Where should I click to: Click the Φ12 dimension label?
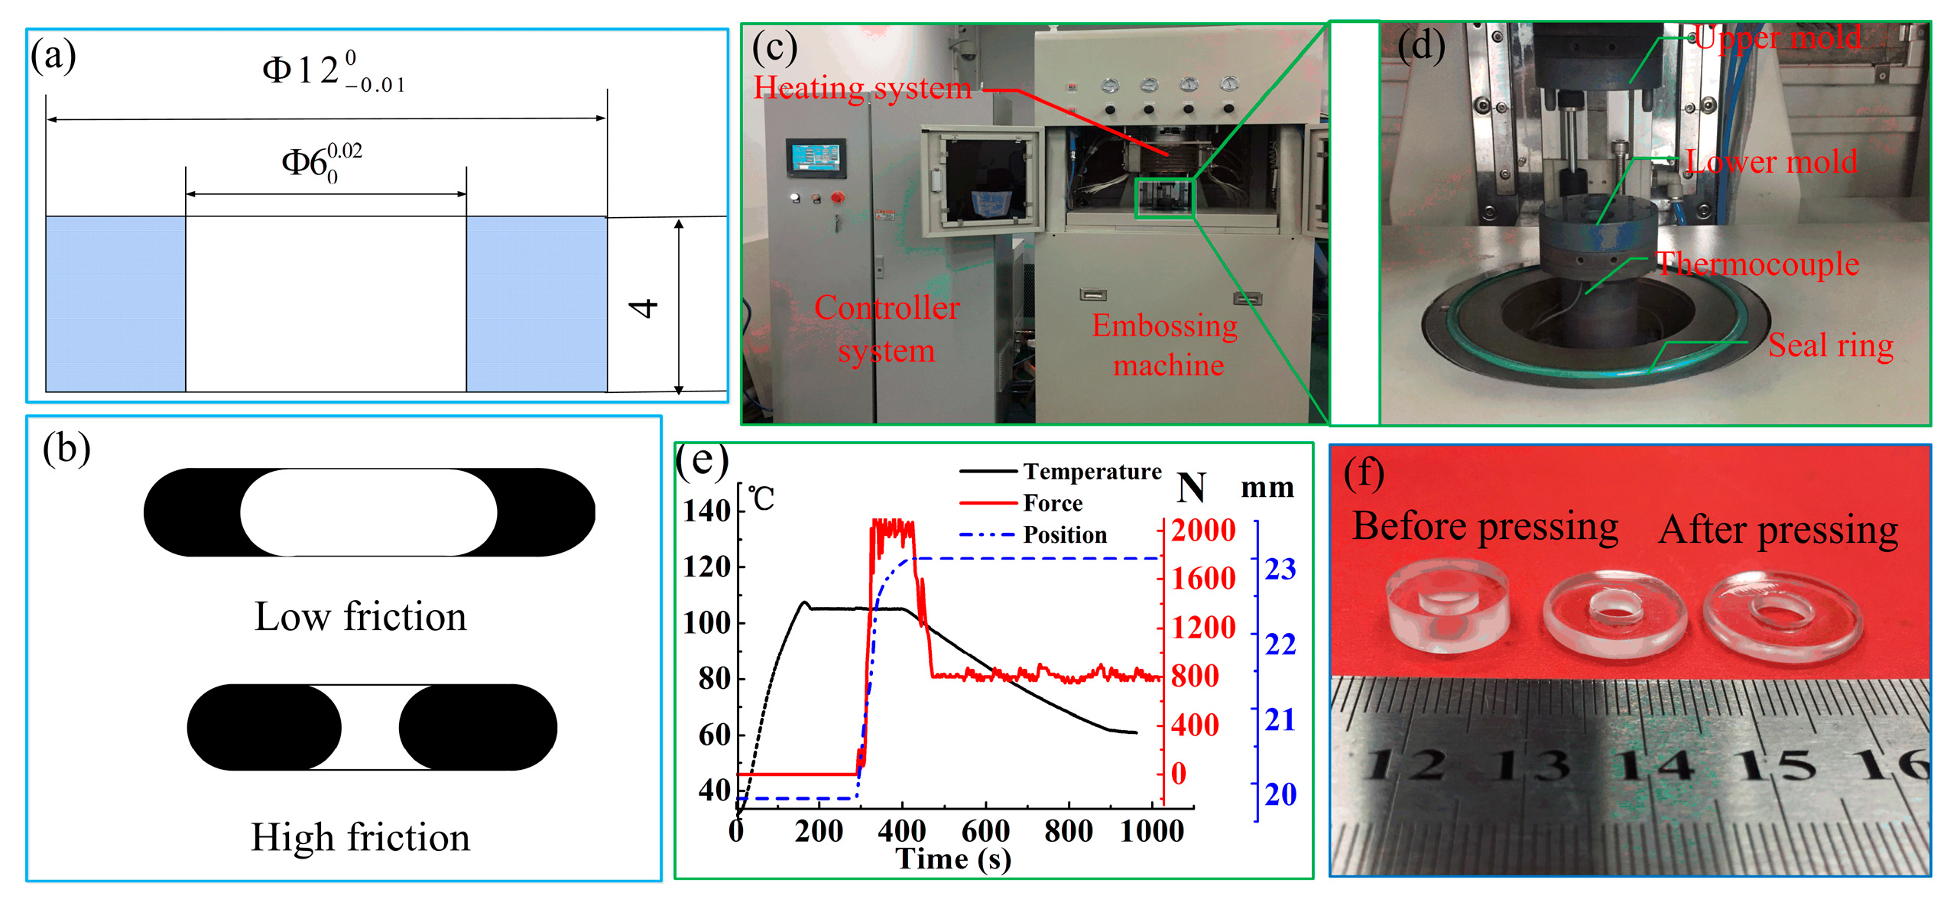[x=333, y=71]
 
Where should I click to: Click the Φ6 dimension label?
[x=321, y=161]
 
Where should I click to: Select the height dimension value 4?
[x=644, y=308]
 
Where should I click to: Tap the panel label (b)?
[x=67, y=448]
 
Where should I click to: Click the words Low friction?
[x=360, y=616]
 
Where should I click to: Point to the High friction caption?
[x=360, y=837]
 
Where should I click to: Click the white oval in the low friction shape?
[x=368, y=511]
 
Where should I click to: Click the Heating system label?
[x=862, y=88]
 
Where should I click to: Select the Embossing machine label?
[x=1166, y=346]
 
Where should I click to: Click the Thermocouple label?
[x=1757, y=265]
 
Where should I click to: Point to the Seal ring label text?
[x=1831, y=346]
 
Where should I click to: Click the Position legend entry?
[x=1064, y=534]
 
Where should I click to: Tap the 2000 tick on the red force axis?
[x=1203, y=531]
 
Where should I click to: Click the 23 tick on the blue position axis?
[x=1280, y=570]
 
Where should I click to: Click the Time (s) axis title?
[x=953, y=859]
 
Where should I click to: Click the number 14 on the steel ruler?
[x=1653, y=765]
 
